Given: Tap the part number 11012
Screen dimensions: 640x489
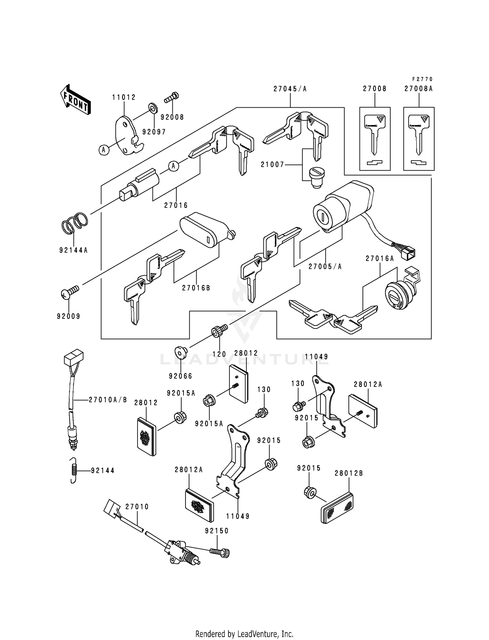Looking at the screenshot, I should (124, 97).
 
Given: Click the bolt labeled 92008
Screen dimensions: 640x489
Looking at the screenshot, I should (172, 97).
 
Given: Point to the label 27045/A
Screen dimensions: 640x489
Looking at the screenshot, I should (290, 89).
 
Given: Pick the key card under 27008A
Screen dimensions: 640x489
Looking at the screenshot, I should (419, 139).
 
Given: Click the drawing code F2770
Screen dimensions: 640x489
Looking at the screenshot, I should (422, 79).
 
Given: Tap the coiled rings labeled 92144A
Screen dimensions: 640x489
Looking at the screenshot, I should (75, 223).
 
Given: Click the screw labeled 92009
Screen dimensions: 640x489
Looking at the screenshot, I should (70, 292).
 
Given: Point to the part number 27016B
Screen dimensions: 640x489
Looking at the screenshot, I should (196, 288).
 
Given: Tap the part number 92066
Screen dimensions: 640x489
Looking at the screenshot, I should (180, 376).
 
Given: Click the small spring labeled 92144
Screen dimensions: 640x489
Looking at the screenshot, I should (75, 470).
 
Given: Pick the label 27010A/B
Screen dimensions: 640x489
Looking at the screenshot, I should (108, 400).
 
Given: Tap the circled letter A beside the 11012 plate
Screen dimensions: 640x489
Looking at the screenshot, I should (104, 150).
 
